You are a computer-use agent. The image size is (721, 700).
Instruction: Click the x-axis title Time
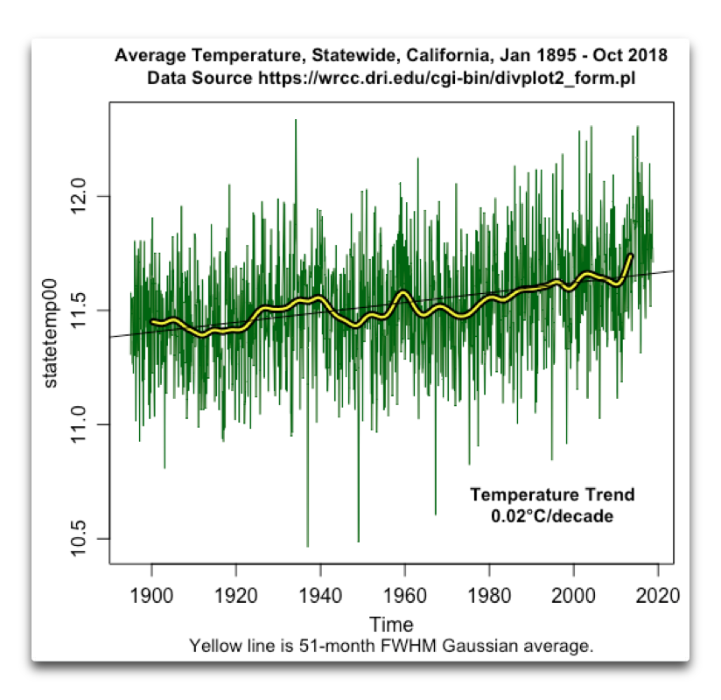pyautogui.click(x=391, y=625)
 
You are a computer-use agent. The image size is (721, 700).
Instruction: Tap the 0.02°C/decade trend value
pyautogui.click(x=552, y=516)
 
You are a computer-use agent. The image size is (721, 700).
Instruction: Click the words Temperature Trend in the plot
pyautogui.click(x=552, y=495)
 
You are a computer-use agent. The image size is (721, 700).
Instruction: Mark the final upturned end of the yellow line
pyautogui.click(x=631, y=255)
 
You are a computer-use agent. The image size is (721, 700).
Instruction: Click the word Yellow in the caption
pyautogui.click(x=213, y=647)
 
